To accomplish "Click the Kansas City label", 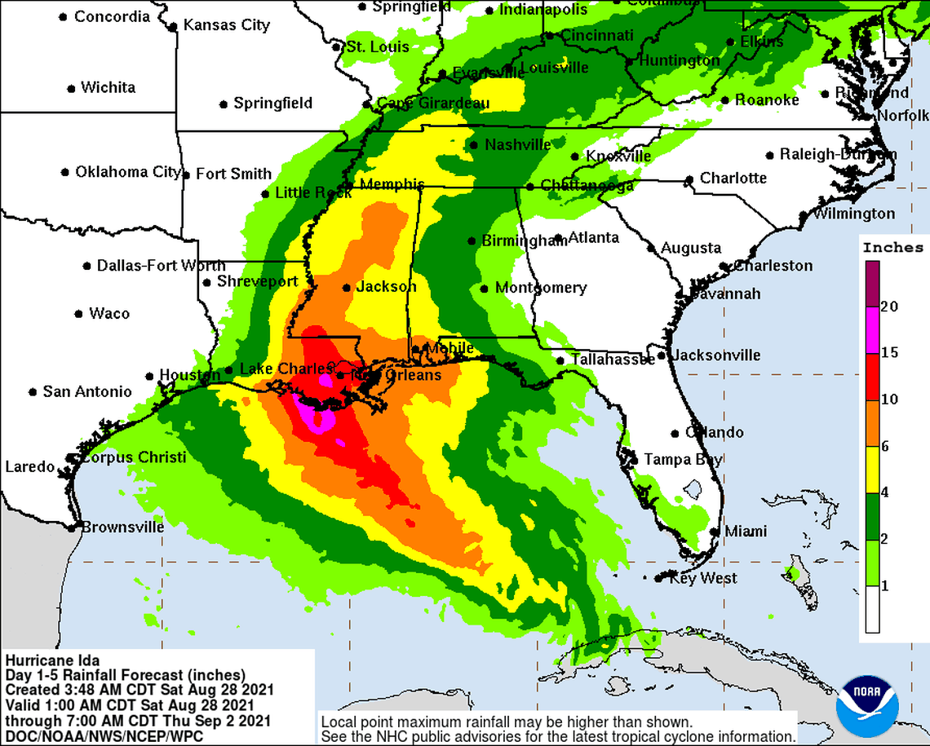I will (226, 25).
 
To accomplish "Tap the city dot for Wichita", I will (72, 88).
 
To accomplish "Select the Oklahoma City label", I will (127, 172).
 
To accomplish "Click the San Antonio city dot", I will (33, 392).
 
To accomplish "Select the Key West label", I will (702, 578).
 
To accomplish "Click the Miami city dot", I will (715, 532).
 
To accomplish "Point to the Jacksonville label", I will (716, 355).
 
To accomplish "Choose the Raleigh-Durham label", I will (838, 154).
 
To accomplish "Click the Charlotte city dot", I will (690, 179).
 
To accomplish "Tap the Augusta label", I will (691, 248).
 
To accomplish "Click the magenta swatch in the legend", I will (872, 329).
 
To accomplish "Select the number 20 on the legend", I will (890, 307).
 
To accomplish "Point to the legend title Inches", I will (892, 247).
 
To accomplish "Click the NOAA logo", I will (866, 705).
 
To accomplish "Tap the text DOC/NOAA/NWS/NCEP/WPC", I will (104, 736).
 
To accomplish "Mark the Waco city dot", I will (79, 314).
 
